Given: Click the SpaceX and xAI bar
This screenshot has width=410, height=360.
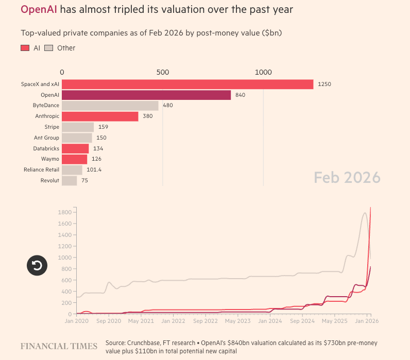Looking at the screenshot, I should coord(187,84).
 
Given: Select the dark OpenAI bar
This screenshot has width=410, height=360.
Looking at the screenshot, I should coord(146,95).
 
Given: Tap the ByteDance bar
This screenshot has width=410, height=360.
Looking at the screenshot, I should coord(110,106).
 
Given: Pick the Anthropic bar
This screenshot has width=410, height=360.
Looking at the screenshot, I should coord(100,116).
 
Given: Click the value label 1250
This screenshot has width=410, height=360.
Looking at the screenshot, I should coord(324,84).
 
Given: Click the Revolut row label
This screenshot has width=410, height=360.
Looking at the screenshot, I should coord(49,181).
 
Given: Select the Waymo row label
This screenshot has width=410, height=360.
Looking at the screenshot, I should coord(50,159).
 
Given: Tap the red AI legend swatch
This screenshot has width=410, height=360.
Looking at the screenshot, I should coord(25,48).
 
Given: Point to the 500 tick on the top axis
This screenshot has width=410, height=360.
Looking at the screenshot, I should coord(163,73).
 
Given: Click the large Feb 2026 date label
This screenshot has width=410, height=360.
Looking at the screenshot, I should coord(347,178).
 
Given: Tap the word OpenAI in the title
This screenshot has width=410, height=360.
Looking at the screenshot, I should coord(39,10).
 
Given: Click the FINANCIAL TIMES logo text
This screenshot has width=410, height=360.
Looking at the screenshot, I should coord(59,346).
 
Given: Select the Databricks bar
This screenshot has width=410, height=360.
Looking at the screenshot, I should coord(75,148).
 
